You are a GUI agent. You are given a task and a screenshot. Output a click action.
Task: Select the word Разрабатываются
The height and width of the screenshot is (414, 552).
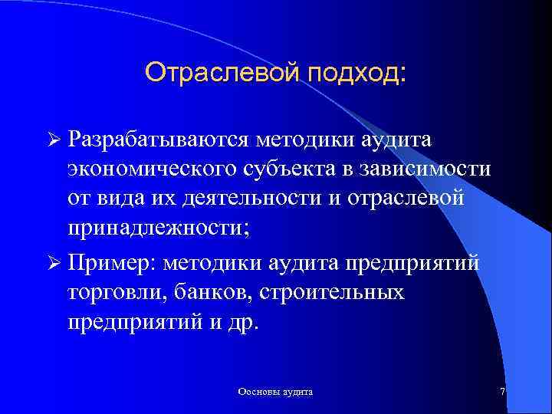pos(170,140)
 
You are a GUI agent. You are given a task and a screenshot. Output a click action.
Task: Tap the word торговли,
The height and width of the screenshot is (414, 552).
pos(110,292)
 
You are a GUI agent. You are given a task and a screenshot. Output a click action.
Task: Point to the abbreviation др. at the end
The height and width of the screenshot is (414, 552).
pos(245,322)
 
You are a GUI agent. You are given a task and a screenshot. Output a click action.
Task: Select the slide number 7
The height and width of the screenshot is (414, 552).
pos(502,391)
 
